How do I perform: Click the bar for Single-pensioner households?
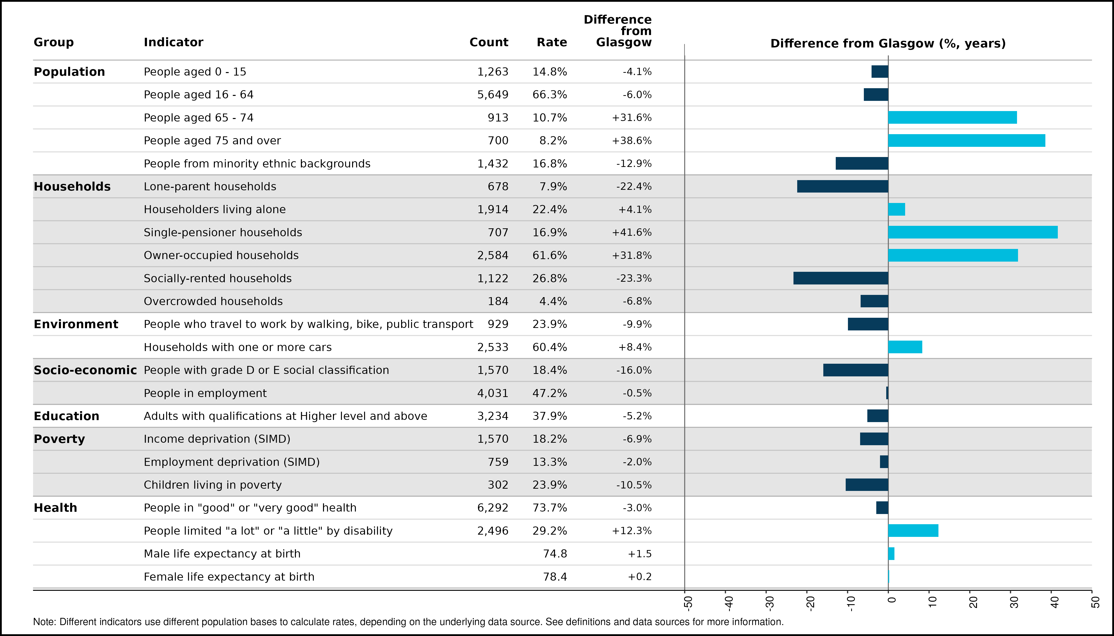tap(973, 232)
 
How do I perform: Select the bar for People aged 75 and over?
tap(967, 141)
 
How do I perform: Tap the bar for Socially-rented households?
tap(841, 278)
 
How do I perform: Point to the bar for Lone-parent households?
tap(842, 187)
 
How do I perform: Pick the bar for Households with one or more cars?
tap(905, 347)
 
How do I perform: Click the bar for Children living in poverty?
tap(867, 485)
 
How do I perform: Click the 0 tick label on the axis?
tap(891, 600)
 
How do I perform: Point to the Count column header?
tap(489, 42)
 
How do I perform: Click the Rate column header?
tap(552, 42)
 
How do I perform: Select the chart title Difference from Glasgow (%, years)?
tap(888, 44)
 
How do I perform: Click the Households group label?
tap(72, 187)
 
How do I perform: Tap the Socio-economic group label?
tap(85, 370)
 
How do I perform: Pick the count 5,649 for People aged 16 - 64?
tap(493, 95)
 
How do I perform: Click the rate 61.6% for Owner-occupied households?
tap(550, 256)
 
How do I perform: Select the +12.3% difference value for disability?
tap(632, 531)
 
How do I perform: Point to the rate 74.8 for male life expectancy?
tap(555, 554)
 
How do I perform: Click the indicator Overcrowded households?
tap(213, 301)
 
